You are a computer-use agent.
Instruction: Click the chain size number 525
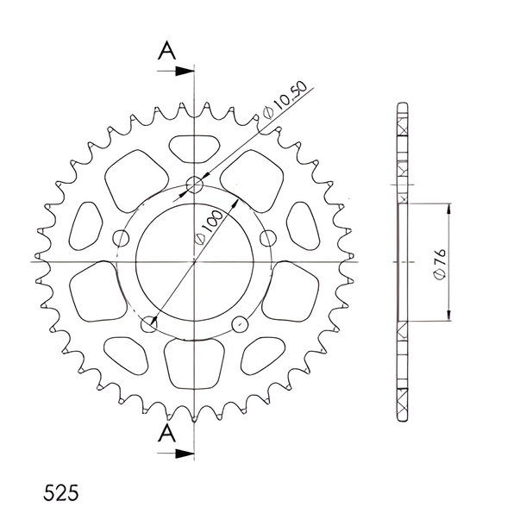click(60, 492)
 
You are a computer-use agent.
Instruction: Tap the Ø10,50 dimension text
click(285, 100)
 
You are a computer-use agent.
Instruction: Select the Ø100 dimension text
click(209, 228)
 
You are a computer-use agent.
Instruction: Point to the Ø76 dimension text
click(440, 264)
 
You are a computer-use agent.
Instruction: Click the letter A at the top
click(166, 50)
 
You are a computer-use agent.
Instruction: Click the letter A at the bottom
click(166, 433)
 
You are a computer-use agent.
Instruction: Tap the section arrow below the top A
click(175, 71)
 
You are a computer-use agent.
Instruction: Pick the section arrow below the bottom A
click(175, 454)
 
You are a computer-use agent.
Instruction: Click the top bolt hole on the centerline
click(195, 185)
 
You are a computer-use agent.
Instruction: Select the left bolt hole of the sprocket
click(121, 239)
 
